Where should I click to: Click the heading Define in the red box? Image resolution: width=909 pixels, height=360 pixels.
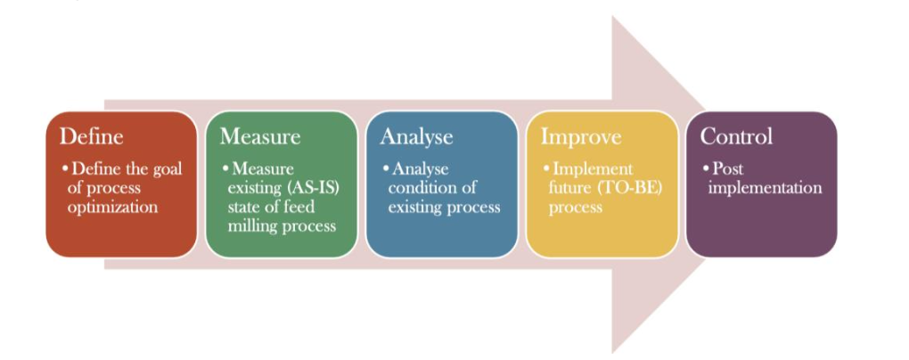[x=92, y=136]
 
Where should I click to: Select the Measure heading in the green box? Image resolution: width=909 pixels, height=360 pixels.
[x=260, y=136]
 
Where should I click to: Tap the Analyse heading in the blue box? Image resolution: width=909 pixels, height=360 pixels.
[x=416, y=137]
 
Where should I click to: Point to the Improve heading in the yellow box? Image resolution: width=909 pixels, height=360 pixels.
[x=581, y=137]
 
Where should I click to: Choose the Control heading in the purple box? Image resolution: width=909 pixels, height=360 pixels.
[x=736, y=136]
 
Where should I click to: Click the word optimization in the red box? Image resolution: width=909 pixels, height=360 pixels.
[x=112, y=208]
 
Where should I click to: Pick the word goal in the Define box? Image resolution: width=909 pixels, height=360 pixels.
[x=167, y=170]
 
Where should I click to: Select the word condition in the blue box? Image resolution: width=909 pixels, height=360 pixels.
[x=432, y=188]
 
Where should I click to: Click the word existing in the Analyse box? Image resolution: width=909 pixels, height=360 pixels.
[x=413, y=208]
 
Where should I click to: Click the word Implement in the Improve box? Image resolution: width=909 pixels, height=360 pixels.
[x=593, y=170]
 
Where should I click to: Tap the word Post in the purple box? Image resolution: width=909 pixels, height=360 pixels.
[x=727, y=169]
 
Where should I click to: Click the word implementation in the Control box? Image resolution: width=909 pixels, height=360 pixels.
[x=765, y=188]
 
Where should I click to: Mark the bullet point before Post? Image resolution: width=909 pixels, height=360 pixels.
[x=706, y=168]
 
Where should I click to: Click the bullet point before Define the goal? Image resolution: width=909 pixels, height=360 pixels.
[x=66, y=168]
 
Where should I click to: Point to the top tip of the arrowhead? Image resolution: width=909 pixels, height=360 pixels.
[x=613, y=16]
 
